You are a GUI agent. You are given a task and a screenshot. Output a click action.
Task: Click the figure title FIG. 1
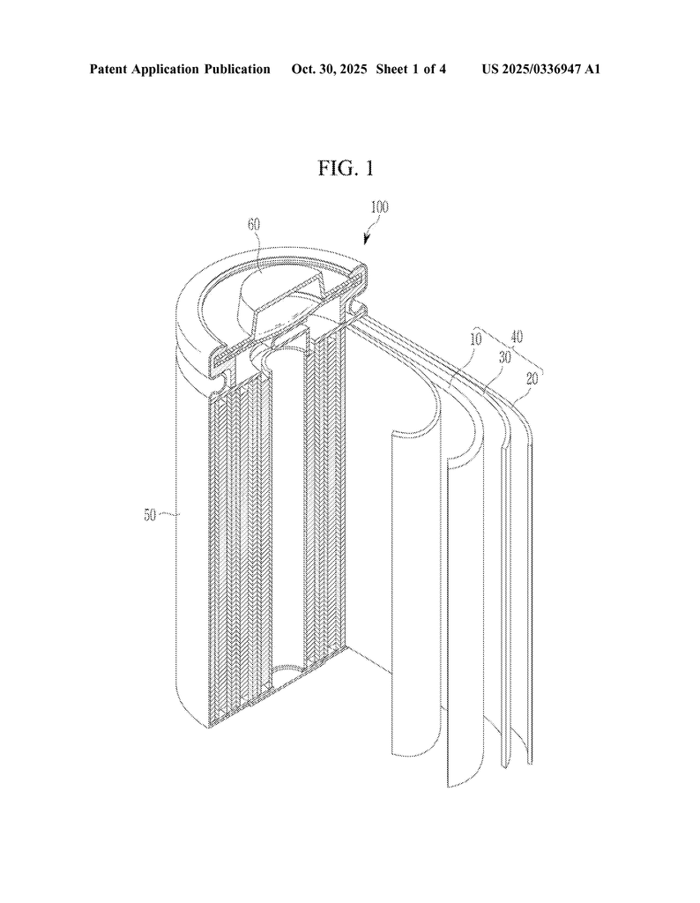click(x=346, y=168)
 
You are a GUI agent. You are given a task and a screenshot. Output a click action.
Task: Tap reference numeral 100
click(x=379, y=207)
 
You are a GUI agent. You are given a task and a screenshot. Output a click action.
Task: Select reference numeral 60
click(x=255, y=225)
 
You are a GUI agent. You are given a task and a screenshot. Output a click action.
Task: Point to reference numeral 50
click(x=150, y=515)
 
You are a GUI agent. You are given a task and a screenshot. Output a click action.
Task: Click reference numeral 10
click(x=475, y=339)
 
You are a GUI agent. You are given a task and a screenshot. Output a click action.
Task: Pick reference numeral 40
click(x=517, y=337)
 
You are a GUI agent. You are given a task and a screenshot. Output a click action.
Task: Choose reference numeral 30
click(x=505, y=357)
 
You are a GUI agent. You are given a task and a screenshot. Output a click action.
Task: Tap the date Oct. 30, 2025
click(x=329, y=70)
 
